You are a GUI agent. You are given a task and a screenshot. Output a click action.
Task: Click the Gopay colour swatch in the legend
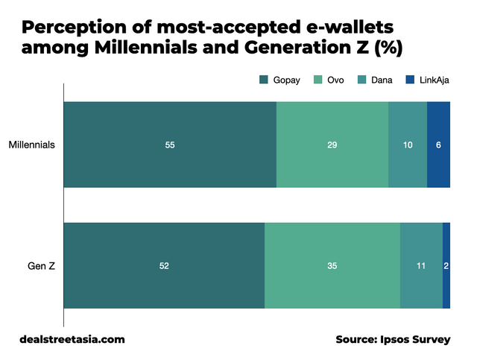click(263, 80)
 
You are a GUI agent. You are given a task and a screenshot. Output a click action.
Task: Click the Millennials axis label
click(32, 145)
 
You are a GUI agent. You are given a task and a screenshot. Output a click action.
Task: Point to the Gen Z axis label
click(41, 266)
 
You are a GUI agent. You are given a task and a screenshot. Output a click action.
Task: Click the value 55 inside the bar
click(170, 145)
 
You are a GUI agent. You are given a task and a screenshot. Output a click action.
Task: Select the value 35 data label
click(332, 266)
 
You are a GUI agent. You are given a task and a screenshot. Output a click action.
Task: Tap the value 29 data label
click(332, 145)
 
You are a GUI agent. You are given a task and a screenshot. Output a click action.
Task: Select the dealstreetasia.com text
click(72, 339)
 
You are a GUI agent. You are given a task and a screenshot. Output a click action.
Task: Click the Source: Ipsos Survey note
click(393, 339)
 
